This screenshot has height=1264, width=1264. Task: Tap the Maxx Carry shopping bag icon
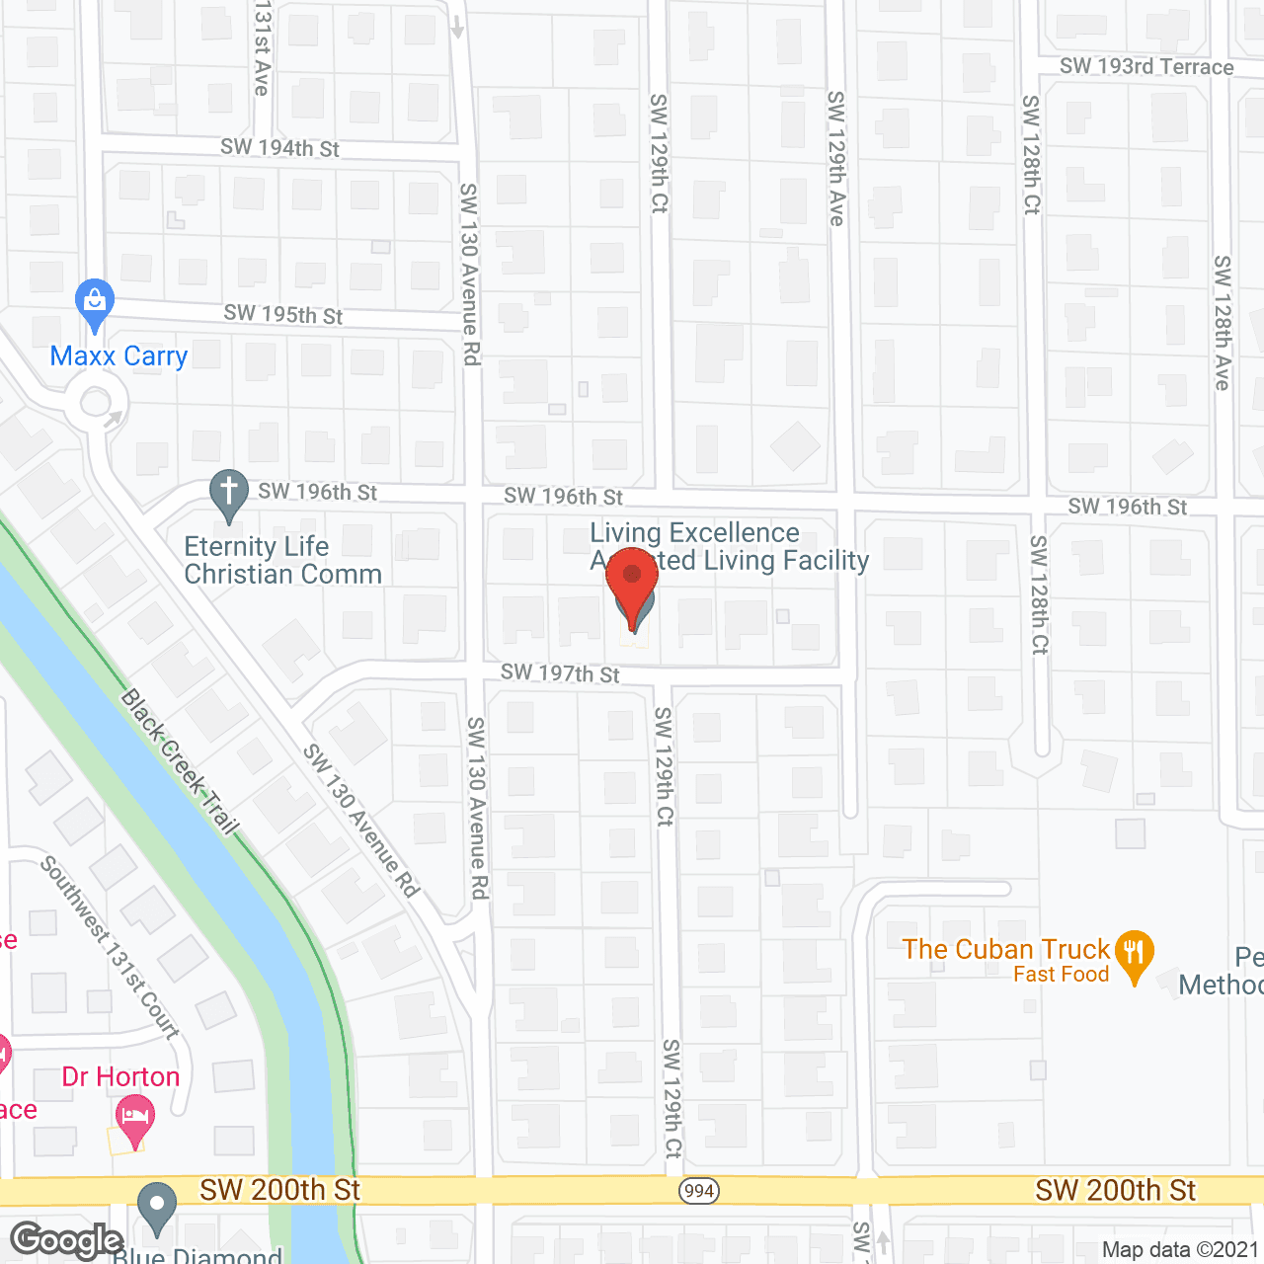tap(95, 303)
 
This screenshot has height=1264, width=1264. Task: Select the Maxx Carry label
tap(118, 356)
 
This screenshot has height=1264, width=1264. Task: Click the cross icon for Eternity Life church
tap(229, 493)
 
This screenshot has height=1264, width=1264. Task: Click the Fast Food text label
tap(1061, 975)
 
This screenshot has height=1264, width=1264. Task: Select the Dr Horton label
tap(120, 1076)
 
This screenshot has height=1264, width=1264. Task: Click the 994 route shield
tap(698, 1190)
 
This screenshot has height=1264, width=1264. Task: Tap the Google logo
tap(67, 1240)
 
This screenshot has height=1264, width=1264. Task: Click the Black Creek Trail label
tap(180, 761)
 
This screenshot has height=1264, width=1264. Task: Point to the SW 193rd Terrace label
tap(1146, 67)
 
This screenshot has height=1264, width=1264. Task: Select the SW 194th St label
tap(279, 148)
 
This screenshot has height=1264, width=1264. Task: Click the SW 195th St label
tap(282, 314)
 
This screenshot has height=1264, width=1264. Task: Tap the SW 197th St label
tap(560, 673)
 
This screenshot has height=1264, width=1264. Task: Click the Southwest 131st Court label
tap(110, 947)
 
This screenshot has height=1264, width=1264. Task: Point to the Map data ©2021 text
tap(1179, 1249)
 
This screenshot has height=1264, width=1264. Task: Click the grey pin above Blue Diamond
tap(156, 1208)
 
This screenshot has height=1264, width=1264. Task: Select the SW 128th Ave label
tap(1223, 323)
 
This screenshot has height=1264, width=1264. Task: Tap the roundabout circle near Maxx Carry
tap(96, 403)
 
